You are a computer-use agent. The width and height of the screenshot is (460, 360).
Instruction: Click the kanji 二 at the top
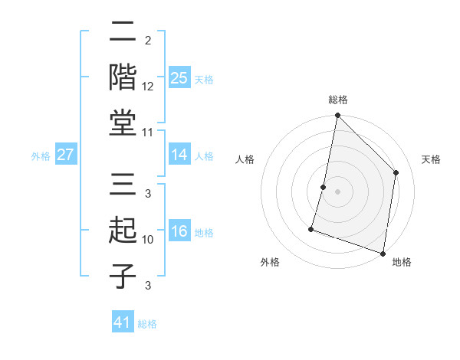point(123,32)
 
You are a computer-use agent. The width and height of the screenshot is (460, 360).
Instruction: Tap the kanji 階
point(123,77)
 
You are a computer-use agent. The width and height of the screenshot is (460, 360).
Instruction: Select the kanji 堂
point(123,122)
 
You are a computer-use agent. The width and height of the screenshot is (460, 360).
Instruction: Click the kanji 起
point(123,231)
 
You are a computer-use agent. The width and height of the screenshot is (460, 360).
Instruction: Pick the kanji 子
point(123,276)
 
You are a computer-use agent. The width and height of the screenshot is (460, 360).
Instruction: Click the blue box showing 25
point(179,77)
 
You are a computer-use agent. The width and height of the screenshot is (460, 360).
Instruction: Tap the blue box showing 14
point(179,155)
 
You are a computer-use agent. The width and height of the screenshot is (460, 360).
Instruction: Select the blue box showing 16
point(179,231)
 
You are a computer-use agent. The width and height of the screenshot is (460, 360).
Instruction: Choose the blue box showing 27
point(66,155)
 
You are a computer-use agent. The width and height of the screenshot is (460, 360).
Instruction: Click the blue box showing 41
point(123,322)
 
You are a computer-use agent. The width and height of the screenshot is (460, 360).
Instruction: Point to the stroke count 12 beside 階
point(149,87)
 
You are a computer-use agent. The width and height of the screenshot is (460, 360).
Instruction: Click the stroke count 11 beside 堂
point(149,133)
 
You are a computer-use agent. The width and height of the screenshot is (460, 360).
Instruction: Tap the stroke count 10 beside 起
point(149,240)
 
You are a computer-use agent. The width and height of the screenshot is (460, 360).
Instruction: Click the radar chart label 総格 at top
point(337,100)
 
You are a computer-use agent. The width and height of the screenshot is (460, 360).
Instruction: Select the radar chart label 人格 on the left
point(245,159)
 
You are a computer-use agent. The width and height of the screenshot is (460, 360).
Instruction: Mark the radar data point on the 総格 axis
point(337,116)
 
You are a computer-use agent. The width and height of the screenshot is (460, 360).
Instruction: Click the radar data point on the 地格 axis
point(383,252)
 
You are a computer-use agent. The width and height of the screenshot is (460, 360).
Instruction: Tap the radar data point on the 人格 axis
point(324,187)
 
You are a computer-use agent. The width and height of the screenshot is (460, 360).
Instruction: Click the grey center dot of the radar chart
point(337,191)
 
